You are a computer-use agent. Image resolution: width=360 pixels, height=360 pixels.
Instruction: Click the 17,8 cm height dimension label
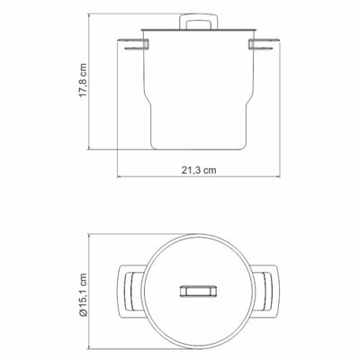(83, 79)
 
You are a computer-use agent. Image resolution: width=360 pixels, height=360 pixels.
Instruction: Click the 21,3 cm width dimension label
(199, 170)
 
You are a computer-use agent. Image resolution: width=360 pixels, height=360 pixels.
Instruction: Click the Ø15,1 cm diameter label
(83, 294)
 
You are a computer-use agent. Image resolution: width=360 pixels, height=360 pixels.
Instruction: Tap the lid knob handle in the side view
(199, 22)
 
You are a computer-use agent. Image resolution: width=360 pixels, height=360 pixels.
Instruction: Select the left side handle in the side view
(132, 44)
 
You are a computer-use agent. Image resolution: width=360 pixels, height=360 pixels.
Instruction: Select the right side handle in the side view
(265, 44)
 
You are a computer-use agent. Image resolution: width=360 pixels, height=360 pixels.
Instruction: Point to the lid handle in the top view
(199, 292)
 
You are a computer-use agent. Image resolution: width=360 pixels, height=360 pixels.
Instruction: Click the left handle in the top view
(130, 292)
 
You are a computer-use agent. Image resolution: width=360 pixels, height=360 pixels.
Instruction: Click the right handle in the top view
(267, 292)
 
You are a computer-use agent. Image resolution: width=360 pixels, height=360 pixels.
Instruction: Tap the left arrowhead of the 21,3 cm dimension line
(119, 177)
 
